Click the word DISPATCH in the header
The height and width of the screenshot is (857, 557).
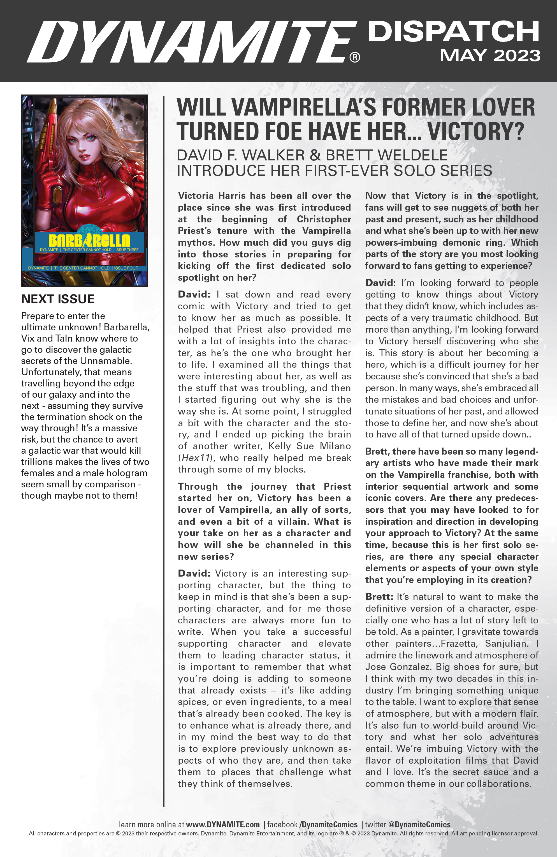click(x=453, y=32)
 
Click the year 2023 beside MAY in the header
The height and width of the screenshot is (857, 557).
click(x=517, y=56)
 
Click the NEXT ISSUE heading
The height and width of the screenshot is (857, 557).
click(x=57, y=299)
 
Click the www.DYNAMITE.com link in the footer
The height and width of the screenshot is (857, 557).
click(x=223, y=824)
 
